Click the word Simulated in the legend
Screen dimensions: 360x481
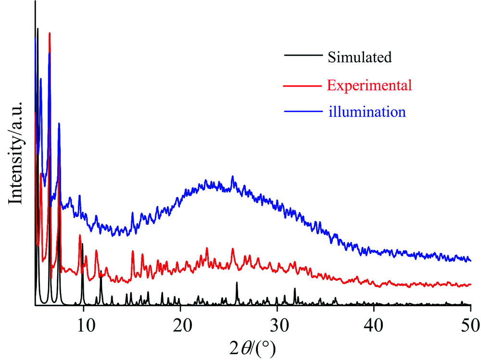click(x=360, y=57)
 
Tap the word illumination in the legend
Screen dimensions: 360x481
click(x=367, y=112)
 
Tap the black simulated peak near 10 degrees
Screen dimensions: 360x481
click(x=83, y=244)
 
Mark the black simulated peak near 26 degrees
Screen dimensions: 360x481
click(x=237, y=283)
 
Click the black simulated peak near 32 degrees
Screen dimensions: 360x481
click(x=294, y=289)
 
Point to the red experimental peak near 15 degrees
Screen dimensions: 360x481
click(x=133, y=252)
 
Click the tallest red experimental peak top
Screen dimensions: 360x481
click(x=50, y=33)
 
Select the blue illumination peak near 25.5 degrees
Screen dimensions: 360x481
click(x=233, y=177)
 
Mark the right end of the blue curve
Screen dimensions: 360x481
click(x=470, y=260)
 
